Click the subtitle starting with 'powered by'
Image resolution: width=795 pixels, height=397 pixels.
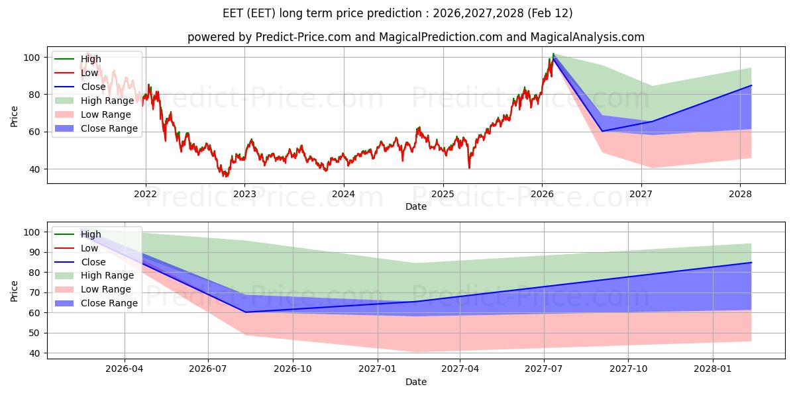[415, 37]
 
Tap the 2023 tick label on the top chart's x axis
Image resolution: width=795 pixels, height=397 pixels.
[244, 193]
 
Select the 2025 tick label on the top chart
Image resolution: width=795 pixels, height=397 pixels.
[443, 193]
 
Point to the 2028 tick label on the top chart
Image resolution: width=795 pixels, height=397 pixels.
[740, 193]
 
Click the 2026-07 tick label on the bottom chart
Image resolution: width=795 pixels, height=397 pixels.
[209, 369]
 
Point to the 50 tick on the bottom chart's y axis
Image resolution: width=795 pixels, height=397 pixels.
[34, 333]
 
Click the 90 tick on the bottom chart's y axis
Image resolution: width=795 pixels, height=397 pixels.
[34, 252]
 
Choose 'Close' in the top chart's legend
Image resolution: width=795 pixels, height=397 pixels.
[93, 87]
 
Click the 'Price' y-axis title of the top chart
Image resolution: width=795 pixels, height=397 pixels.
[15, 116]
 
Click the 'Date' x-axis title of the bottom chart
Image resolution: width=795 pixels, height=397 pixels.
[415, 382]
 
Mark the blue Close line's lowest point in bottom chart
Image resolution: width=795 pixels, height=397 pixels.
[246, 312]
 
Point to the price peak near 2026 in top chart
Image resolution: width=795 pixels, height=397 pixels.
[553, 54]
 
